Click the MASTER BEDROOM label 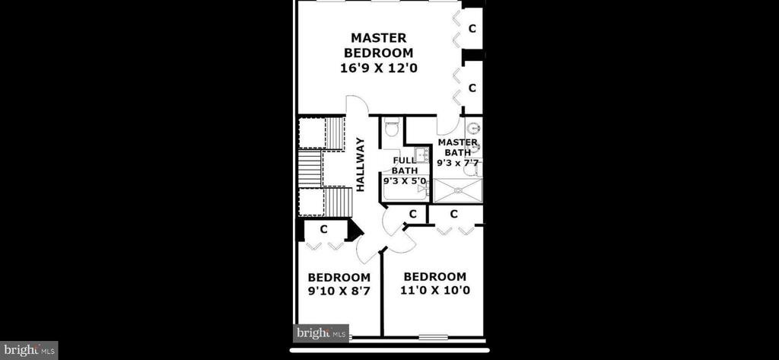coord(379,45)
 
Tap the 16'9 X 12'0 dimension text coord(379,68)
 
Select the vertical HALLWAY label coord(361,164)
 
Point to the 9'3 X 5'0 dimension coord(405,181)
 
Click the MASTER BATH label coord(457,147)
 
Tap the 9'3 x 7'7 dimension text coord(460,163)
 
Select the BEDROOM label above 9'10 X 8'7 coord(339,278)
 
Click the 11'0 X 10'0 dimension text coord(435,290)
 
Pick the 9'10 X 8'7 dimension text coord(339,291)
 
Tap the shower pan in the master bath coord(457,190)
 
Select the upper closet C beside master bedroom coord(472,28)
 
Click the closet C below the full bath coord(412,214)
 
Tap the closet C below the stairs coord(323,230)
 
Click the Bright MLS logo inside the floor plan coord(321,333)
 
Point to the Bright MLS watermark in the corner coord(29,350)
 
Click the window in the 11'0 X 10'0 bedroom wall coord(433,337)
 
